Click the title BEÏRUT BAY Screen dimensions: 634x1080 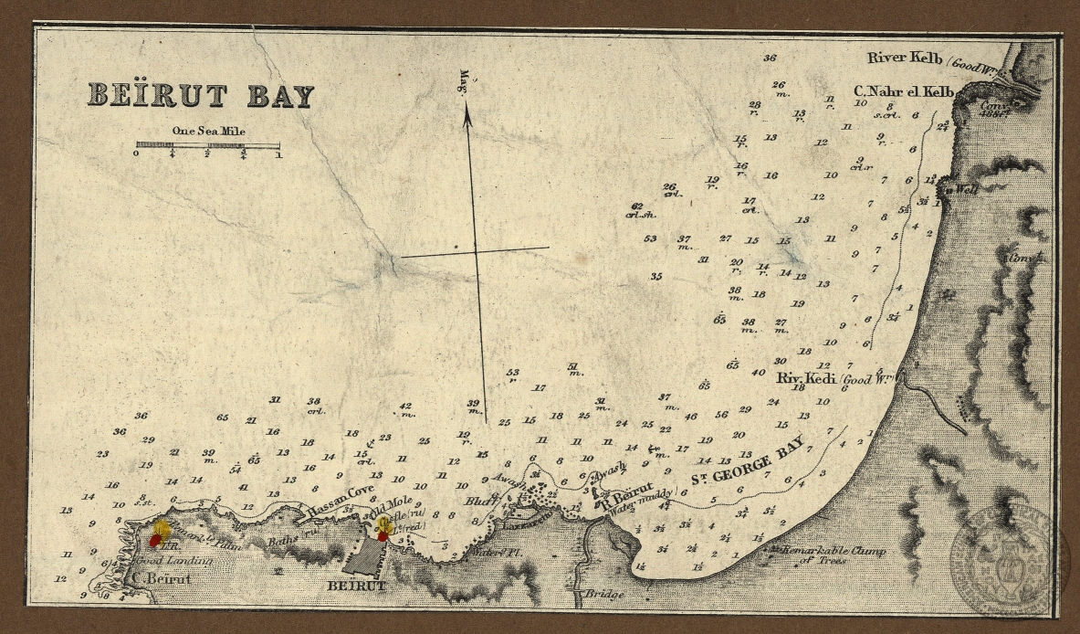pyautogui.click(x=200, y=96)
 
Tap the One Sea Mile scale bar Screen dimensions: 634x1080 pyautogui.click(x=207, y=145)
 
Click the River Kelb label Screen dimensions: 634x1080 pyautogui.click(x=904, y=58)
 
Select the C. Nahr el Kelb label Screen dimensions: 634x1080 pyautogui.click(x=903, y=91)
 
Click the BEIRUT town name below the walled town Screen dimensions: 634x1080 pyautogui.click(x=356, y=586)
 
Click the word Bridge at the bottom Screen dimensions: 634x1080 pyautogui.click(x=604, y=595)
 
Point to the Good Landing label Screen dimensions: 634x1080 pyautogui.click(x=175, y=561)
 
